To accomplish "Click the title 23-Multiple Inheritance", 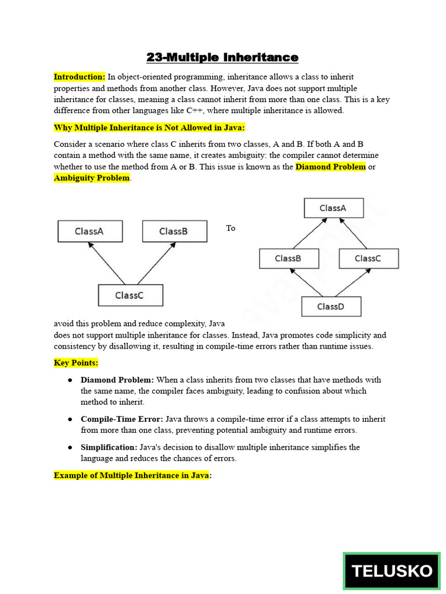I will pos(222,57).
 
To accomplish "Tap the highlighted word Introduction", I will pos(80,77).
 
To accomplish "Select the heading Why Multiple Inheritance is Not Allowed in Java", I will pos(150,128).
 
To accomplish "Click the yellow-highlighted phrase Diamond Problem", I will pos(331,167).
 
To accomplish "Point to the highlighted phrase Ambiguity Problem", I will pos(92,178).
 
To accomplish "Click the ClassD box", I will pos(331,306).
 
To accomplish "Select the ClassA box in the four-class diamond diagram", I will pos(333,208).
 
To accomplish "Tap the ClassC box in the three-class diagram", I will pos(130,295).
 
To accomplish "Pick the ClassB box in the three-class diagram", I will pos(174,231).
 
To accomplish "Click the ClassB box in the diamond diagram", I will pos(288,258).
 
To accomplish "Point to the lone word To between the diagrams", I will pos(231,229).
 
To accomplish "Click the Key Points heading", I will pos(76,363).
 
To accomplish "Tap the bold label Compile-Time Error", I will pos(122,419).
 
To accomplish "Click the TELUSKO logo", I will pos(391,571).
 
